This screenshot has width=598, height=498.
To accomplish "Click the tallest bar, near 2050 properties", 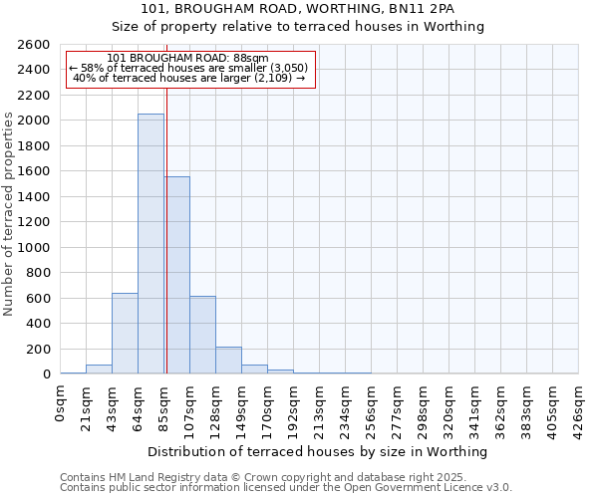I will (150, 244).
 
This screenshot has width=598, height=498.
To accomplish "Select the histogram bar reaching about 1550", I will (176, 275).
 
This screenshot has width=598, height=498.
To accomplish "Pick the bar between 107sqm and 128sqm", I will (202, 335).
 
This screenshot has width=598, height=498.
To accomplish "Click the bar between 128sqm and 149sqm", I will (228, 361).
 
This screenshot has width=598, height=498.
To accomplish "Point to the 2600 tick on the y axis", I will (34, 45).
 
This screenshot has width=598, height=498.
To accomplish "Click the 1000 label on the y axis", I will (34, 248).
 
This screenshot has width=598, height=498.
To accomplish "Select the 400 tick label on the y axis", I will (38, 324).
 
